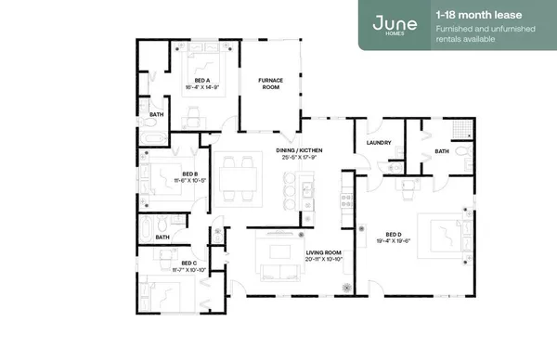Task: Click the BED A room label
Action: pyautogui.click(x=201, y=81)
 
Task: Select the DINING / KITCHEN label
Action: pyautogui.click(x=300, y=150)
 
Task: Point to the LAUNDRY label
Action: pyautogui.click(x=379, y=143)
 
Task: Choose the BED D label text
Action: pyautogui.click(x=393, y=234)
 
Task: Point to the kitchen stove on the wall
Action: pyautogui.click(x=346, y=199)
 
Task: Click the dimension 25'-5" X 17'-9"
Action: pyautogui.click(x=300, y=158)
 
